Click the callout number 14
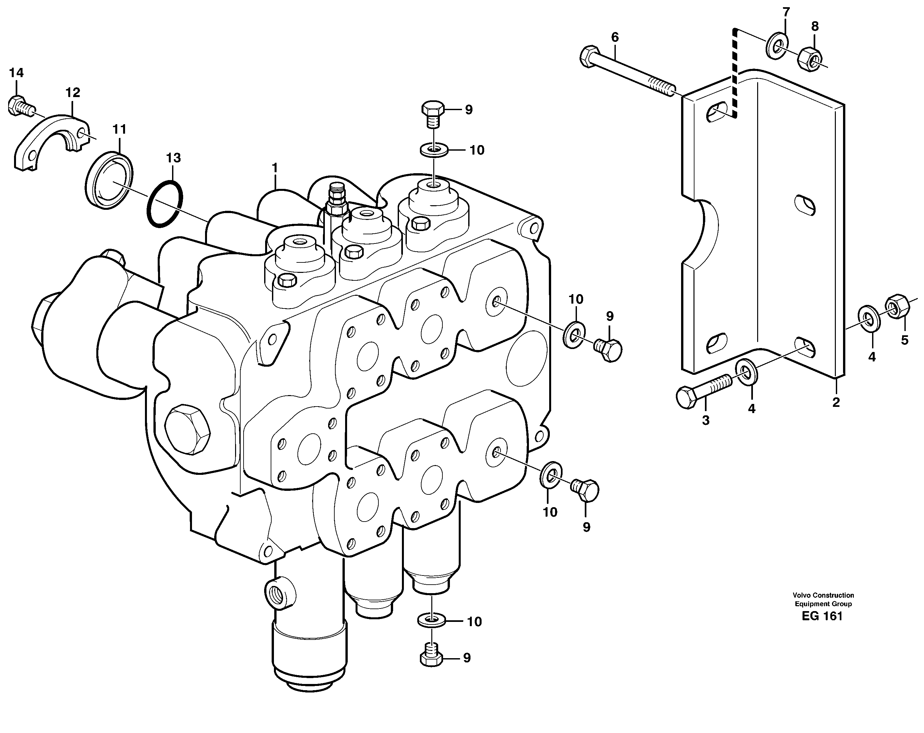(16, 73)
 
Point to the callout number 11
(119, 129)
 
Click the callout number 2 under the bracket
(836, 402)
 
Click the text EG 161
(822, 616)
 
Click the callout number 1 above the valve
(275, 167)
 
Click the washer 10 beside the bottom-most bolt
(431, 620)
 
